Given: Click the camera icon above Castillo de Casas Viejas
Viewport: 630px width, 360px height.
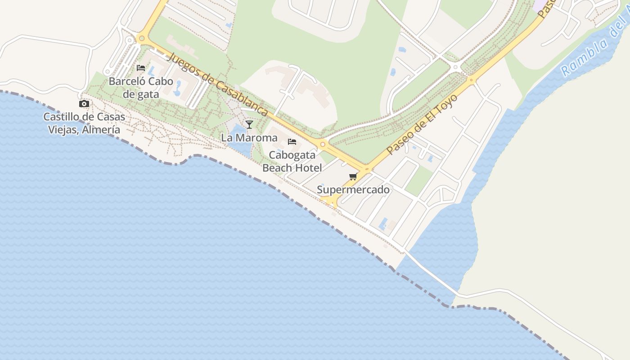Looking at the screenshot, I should pyautogui.click(x=84, y=104).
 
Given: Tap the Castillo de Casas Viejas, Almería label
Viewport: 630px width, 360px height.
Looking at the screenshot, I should pyautogui.click(x=84, y=123).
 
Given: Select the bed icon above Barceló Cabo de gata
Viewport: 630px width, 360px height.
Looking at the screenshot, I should pyautogui.click(x=141, y=68).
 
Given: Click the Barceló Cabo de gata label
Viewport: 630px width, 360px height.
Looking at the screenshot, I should pyautogui.click(x=141, y=88).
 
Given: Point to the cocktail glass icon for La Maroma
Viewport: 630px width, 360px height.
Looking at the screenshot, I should pyautogui.click(x=249, y=124).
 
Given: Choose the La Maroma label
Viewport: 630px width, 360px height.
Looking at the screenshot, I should pyautogui.click(x=249, y=138).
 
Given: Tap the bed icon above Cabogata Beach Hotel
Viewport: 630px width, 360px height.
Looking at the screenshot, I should pyautogui.click(x=292, y=142).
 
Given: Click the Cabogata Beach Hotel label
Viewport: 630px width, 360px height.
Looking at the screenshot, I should pyautogui.click(x=292, y=162).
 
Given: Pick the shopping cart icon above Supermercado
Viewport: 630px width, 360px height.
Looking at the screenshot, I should pyautogui.click(x=353, y=176).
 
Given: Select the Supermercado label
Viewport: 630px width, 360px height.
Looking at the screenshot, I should pyautogui.click(x=353, y=190).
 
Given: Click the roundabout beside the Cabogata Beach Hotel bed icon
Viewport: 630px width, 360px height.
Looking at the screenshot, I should pyautogui.click(x=323, y=144).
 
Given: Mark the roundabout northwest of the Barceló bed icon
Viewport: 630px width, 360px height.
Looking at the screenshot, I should pyautogui.click(x=142, y=38).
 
